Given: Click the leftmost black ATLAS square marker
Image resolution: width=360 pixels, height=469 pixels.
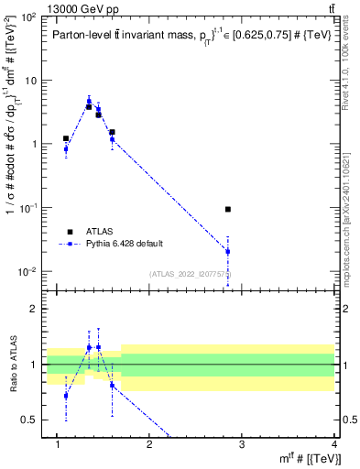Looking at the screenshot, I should pos(66,138).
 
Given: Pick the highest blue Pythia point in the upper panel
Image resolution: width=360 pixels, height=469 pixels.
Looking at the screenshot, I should pos(89,102).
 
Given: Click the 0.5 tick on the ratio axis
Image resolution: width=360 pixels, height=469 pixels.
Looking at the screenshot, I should pos(27,420).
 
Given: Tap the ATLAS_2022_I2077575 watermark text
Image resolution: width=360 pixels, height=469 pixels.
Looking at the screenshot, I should pos(191,274).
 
